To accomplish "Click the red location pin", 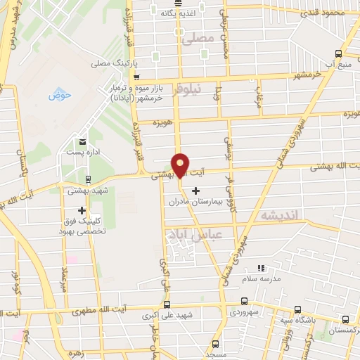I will (181, 165).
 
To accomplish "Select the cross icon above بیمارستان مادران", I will (195, 191).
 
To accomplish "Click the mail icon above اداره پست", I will (83, 143).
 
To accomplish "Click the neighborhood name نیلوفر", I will (208, 89).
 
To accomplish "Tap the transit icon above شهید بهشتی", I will (87, 179).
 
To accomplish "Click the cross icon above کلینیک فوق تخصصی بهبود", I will (82, 210).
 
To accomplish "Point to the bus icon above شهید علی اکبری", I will (167, 305).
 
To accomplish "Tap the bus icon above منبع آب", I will (339, 53).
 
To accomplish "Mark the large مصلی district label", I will (197, 39).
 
